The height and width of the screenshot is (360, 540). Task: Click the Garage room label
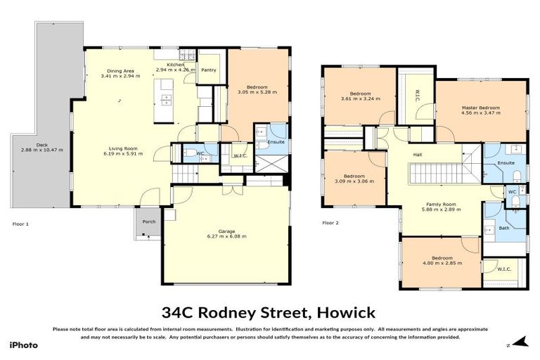tap(225, 231)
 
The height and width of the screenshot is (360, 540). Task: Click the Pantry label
tap(208, 70)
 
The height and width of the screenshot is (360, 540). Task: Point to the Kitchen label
tap(175, 65)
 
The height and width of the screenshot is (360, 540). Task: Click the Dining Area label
tap(120, 71)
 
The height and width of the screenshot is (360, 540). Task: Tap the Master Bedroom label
tap(480, 107)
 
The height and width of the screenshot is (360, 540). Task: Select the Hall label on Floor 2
tap(417, 155)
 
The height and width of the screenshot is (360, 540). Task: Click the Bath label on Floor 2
tap(504, 228)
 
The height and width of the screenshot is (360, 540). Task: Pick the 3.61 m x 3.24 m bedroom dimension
tap(360, 99)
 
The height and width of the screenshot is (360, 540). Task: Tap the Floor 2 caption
tap(330, 223)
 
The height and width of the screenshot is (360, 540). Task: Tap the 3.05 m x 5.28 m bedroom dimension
tap(257, 91)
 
